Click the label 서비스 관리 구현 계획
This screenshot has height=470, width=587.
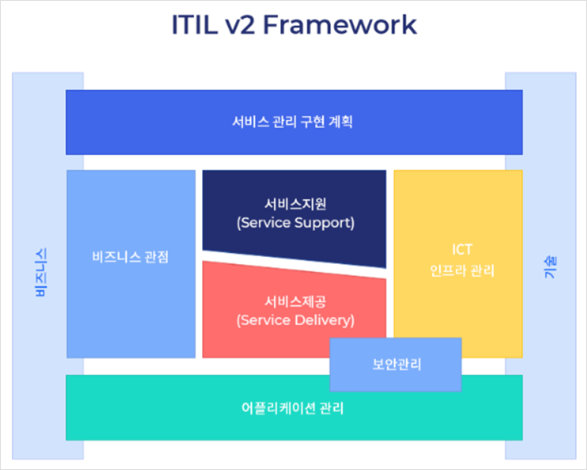tap(293, 122)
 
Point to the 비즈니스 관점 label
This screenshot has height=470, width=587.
tap(131, 256)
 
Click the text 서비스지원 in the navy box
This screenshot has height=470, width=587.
tap(295, 204)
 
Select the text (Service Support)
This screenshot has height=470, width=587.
tap(295, 223)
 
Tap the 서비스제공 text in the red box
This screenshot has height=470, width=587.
tap(295, 301)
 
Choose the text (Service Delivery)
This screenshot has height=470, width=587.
tap(295, 320)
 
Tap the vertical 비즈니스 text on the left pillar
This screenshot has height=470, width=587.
tap(42, 272)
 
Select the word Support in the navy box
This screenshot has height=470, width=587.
tap(325, 223)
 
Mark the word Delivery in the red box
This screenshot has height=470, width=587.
tap(326, 320)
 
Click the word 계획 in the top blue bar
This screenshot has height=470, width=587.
tap(339, 122)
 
